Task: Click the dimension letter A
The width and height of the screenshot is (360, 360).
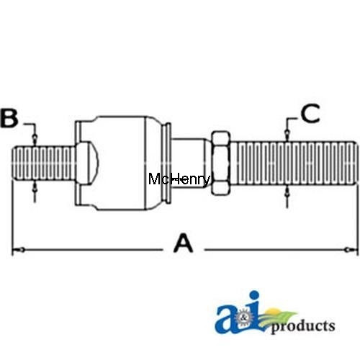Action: pos(184,245)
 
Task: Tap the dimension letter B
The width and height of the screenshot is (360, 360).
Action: pos(9,119)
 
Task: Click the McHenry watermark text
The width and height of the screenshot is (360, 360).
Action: pos(179,179)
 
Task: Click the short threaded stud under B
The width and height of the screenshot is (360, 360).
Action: pos(40,166)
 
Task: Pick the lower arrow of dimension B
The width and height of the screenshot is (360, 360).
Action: pos(35,190)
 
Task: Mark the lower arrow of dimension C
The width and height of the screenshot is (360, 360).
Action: pos(287,193)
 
